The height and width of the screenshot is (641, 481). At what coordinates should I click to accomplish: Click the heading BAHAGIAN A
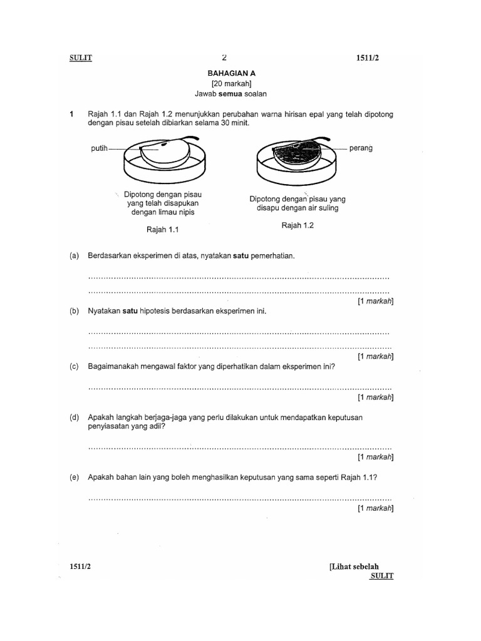232,73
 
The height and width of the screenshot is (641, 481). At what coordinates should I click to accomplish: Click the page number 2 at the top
224,58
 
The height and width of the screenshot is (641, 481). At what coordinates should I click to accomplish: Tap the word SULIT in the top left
81,58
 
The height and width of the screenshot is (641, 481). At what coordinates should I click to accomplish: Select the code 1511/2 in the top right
368,58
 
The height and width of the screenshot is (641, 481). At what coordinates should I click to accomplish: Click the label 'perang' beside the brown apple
361,148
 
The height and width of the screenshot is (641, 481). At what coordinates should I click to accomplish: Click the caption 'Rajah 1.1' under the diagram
163,230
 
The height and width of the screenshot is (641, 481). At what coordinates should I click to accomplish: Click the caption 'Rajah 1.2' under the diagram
297,226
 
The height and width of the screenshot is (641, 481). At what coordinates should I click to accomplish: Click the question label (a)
75,256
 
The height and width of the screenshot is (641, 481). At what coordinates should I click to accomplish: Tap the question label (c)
75,367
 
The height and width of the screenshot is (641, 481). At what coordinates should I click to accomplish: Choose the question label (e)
75,477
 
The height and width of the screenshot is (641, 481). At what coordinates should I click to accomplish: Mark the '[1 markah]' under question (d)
375,457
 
